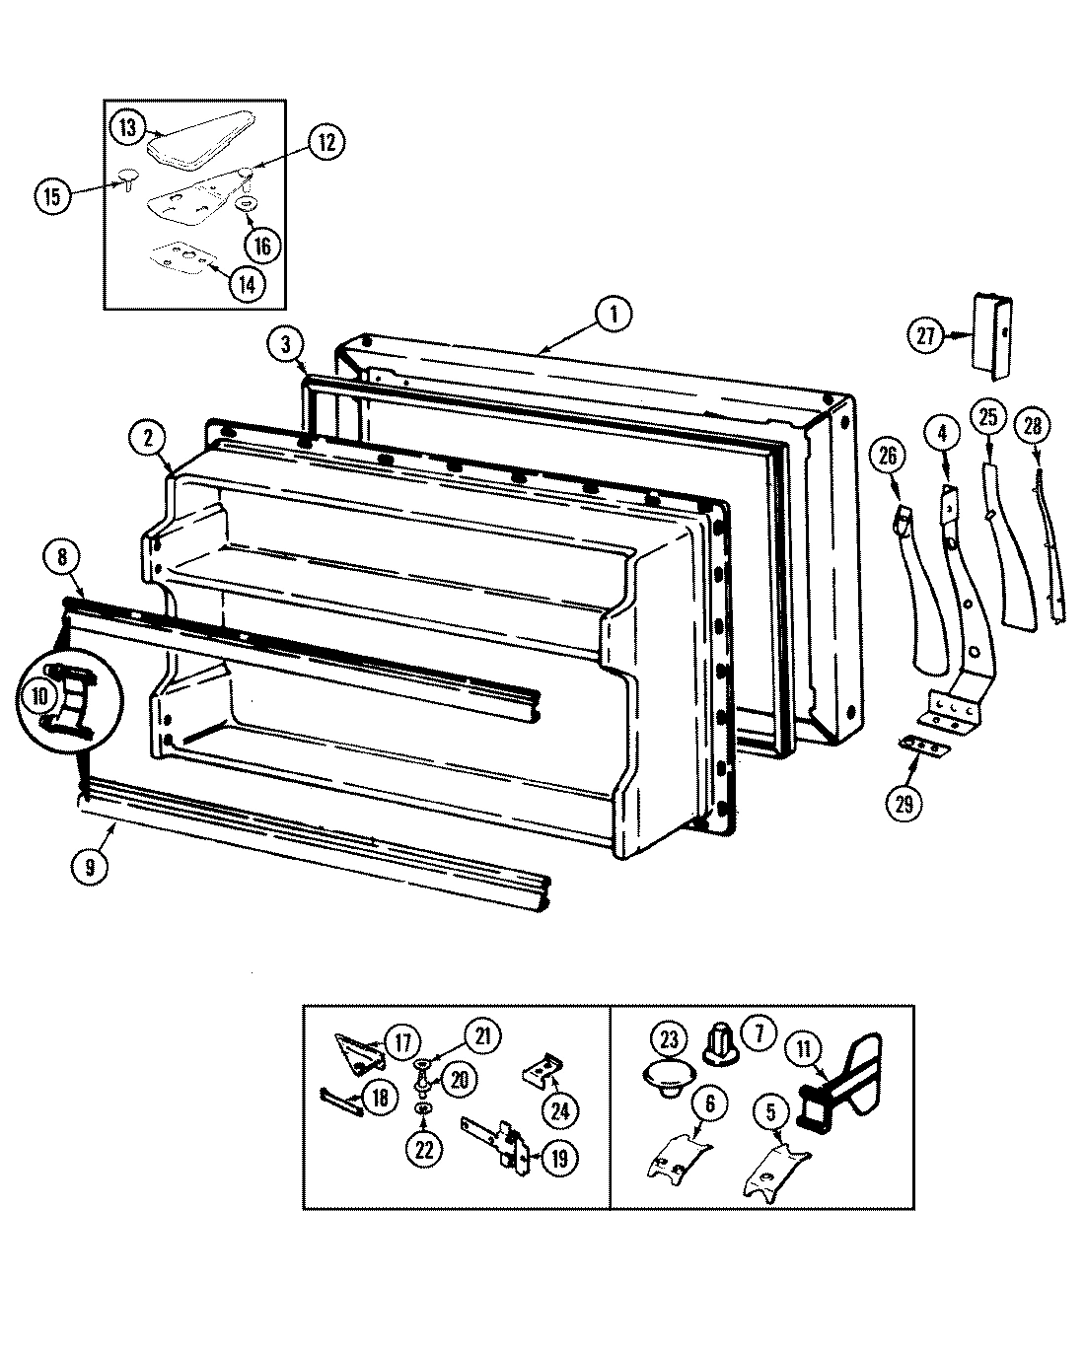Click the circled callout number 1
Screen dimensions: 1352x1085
pos(613,315)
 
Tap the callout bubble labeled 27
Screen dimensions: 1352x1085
pos(926,336)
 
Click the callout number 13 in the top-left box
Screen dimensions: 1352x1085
pos(127,127)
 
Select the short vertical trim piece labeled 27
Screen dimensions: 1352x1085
pos(994,334)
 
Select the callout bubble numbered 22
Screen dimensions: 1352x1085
pos(424,1149)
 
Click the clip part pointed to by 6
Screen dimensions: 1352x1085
pos(679,1152)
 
